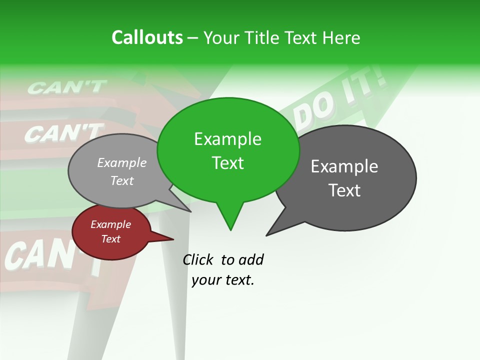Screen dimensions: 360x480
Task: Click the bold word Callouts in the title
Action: [147, 37]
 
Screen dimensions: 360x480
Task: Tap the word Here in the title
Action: [341, 38]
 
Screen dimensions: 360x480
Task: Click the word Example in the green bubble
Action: [227, 139]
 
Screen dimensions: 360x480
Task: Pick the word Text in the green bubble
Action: [227, 163]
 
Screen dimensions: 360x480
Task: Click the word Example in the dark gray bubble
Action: [344, 166]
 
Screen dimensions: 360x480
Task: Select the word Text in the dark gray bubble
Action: [344, 190]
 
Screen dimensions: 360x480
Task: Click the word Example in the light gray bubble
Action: [122, 163]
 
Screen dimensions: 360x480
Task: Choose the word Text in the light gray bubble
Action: [122, 181]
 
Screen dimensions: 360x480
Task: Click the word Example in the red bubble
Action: [110, 224]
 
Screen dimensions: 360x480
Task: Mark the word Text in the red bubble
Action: [110, 239]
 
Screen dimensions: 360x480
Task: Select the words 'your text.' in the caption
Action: [223, 280]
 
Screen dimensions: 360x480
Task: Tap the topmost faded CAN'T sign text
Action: [66, 87]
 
